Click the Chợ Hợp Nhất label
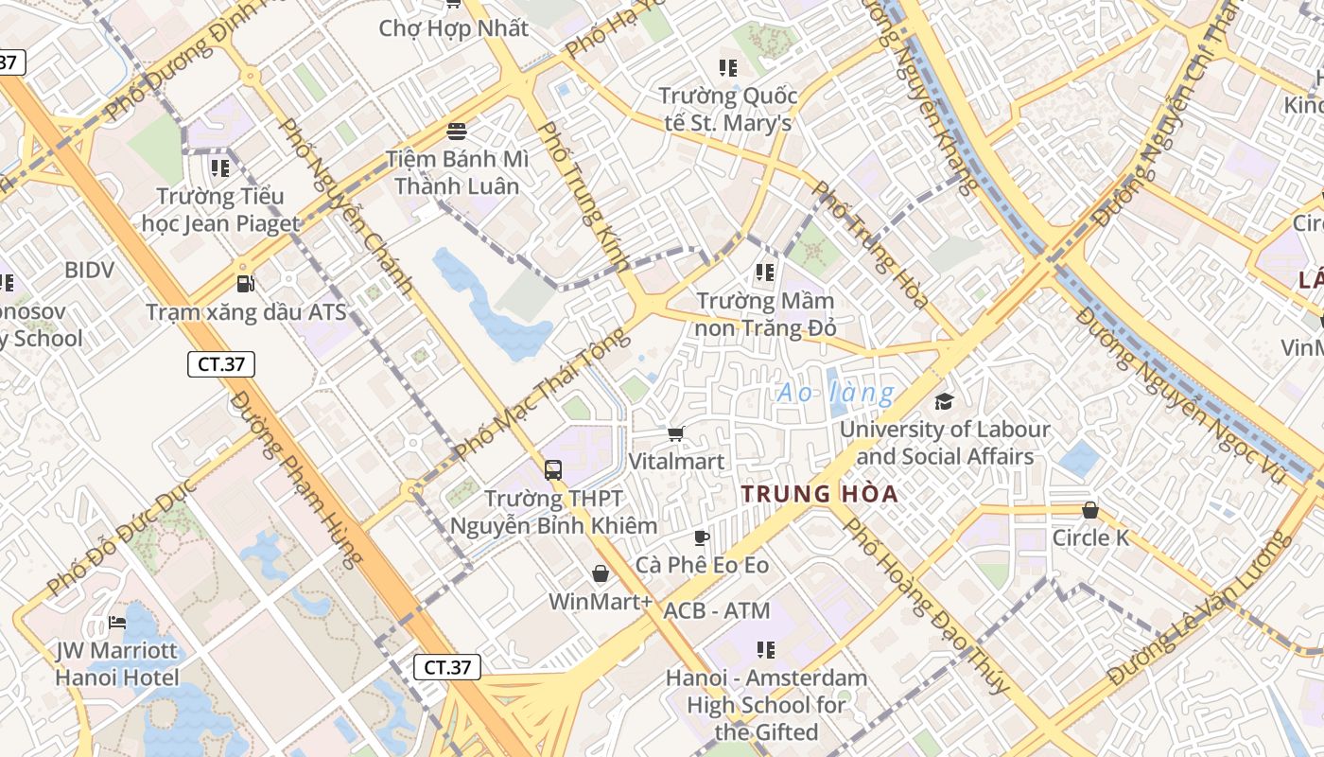453,28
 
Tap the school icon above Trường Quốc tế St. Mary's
727,67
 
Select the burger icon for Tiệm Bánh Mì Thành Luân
457,130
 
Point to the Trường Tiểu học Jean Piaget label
220,210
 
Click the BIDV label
89,270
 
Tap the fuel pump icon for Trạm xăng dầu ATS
245,283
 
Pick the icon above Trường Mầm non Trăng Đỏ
765,273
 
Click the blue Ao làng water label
835,393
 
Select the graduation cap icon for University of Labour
944,402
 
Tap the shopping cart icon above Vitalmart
676,433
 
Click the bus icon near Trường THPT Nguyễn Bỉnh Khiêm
553,469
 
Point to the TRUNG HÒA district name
819,494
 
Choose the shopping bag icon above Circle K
1090,510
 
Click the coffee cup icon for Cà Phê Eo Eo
701,537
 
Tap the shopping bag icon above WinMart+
601,573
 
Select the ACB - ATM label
717,610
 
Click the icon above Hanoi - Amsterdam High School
765,650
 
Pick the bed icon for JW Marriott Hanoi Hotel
117,623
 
